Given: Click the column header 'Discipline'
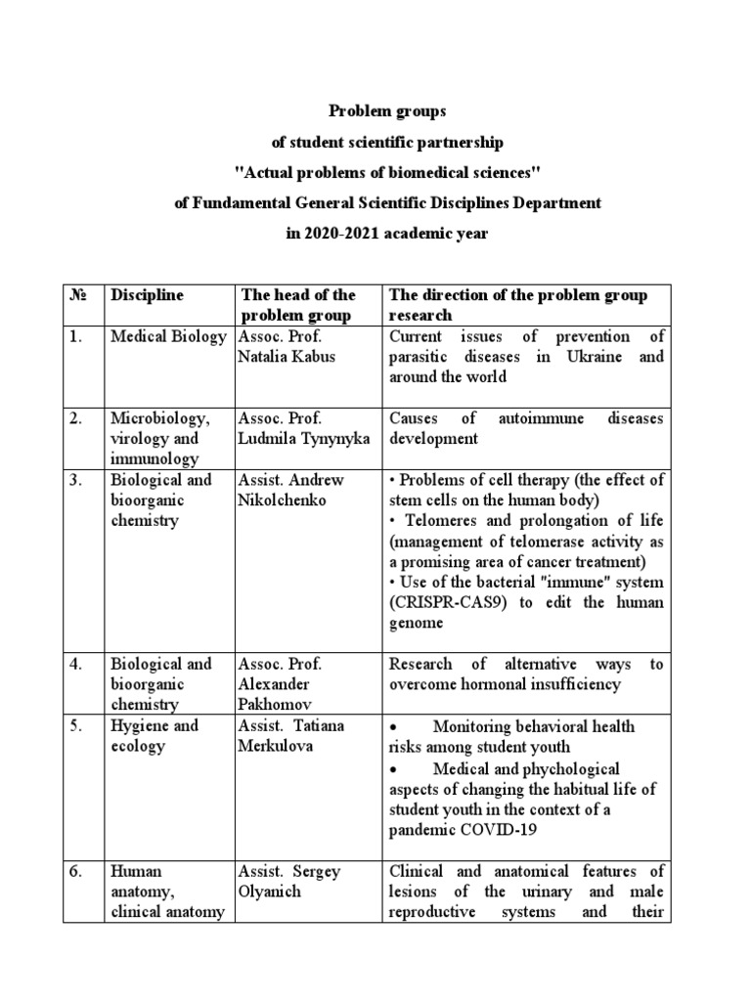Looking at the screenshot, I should pyautogui.click(x=147, y=294).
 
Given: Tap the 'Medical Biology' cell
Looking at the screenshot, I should pyautogui.click(x=168, y=336).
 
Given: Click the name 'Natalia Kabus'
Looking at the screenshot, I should pyautogui.click(x=286, y=357).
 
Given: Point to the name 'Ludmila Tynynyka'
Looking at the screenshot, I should pyautogui.click(x=303, y=439).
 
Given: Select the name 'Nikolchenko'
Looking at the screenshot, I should pyautogui.click(x=286, y=500).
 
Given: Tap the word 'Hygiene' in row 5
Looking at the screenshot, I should pyautogui.click(x=140, y=725).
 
